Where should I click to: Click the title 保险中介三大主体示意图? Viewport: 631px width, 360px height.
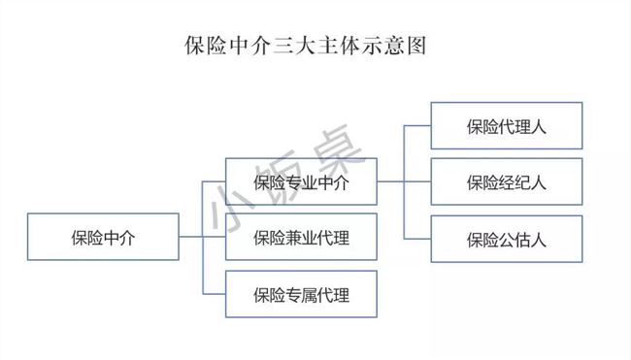[306, 46]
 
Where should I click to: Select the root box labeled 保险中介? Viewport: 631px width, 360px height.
[103, 237]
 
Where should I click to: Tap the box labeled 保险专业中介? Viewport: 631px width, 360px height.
[300, 180]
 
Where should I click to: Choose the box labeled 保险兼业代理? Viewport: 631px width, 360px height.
[300, 237]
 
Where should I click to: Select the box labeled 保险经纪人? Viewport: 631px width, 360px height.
[506, 180]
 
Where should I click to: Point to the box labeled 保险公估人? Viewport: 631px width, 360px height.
[506, 238]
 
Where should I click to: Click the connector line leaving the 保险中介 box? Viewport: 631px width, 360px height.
[190, 237]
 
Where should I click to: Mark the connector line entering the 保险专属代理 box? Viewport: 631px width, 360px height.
[214, 293]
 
